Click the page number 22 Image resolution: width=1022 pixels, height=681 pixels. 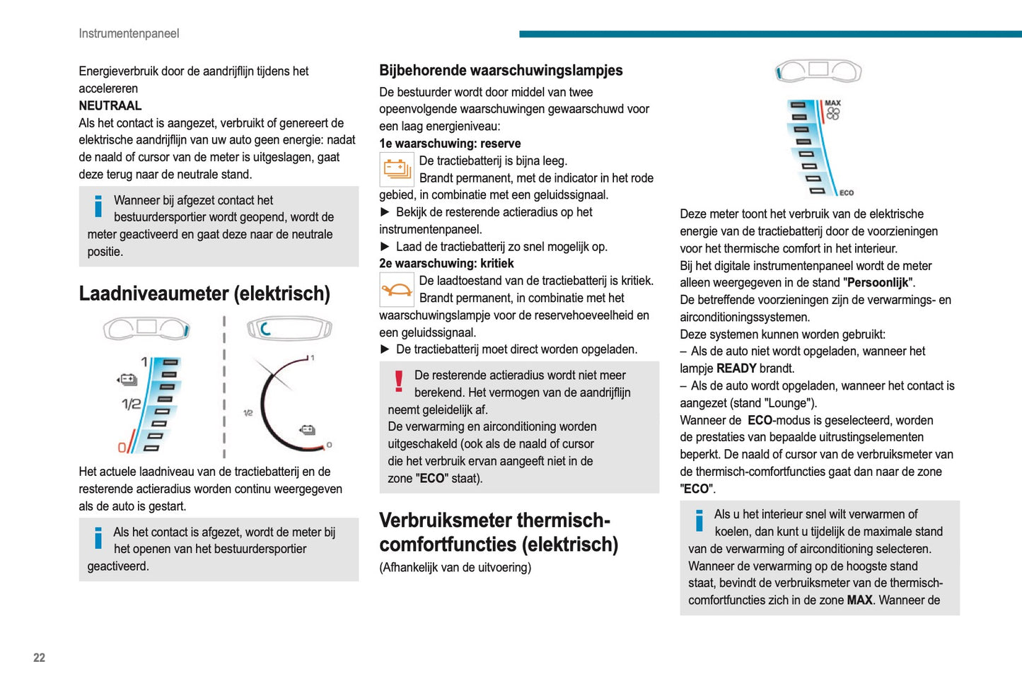coord(39,658)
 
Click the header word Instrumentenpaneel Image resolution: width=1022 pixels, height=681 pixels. coord(129,33)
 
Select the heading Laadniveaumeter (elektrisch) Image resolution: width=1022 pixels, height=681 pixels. coord(204,293)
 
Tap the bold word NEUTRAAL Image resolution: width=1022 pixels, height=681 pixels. coord(110,105)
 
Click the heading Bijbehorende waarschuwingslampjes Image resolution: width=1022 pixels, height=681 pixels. coord(501,70)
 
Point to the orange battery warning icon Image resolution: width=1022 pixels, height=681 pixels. coord(397,169)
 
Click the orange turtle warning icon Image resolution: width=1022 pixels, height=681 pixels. coord(397,289)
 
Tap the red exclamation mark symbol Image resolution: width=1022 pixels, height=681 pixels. coord(399,382)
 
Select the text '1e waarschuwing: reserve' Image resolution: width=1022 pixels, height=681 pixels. coord(450,144)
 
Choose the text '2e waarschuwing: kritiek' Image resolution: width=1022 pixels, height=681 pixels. coord(446,263)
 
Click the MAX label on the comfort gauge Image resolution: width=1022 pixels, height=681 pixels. coord(832,103)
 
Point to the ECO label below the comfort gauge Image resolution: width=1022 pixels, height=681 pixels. coord(846,193)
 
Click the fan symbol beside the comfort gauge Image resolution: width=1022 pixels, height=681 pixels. coord(833,114)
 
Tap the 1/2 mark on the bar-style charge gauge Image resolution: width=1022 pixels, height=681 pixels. coord(131,404)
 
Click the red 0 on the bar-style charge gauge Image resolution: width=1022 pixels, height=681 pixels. coord(122,448)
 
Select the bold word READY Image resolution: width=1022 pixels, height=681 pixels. coord(736,368)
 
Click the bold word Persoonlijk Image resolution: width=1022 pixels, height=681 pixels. coord(878,283)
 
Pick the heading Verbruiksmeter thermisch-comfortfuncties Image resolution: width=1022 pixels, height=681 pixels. coord(498,532)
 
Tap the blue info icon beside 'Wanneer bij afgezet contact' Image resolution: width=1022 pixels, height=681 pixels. coord(98,206)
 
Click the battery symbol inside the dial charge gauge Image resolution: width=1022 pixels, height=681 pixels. coord(307,429)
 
